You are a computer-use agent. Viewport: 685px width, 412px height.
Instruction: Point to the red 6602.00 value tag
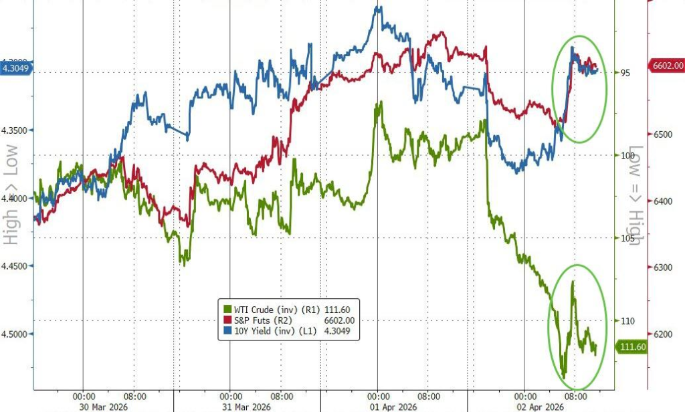[x=666, y=65]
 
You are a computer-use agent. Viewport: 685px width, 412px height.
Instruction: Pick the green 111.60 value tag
[x=631, y=346]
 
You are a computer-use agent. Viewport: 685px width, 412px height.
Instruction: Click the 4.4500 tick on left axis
[x=17, y=266]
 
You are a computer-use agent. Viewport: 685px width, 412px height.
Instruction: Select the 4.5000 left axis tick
[x=17, y=334]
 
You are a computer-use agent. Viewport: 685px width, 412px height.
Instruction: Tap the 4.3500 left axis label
[x=17, y=130]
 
